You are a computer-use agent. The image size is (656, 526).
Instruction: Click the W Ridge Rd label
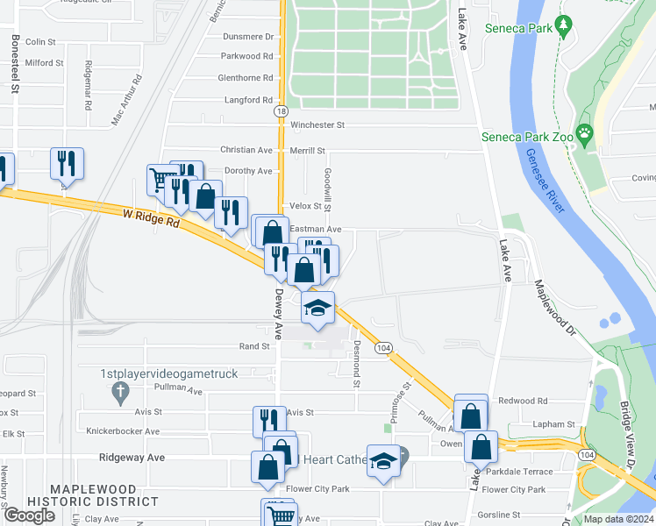(151, 218)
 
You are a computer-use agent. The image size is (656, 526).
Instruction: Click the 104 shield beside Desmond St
(382, 348)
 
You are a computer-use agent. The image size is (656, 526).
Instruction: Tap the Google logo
(29, 515)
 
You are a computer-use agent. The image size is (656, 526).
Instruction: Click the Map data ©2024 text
(618, 519)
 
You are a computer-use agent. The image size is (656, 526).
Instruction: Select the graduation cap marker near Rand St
(318, 308)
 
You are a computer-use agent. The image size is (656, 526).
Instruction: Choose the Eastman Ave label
(321, 229)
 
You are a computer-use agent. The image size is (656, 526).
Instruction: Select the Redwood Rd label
(523, 401)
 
